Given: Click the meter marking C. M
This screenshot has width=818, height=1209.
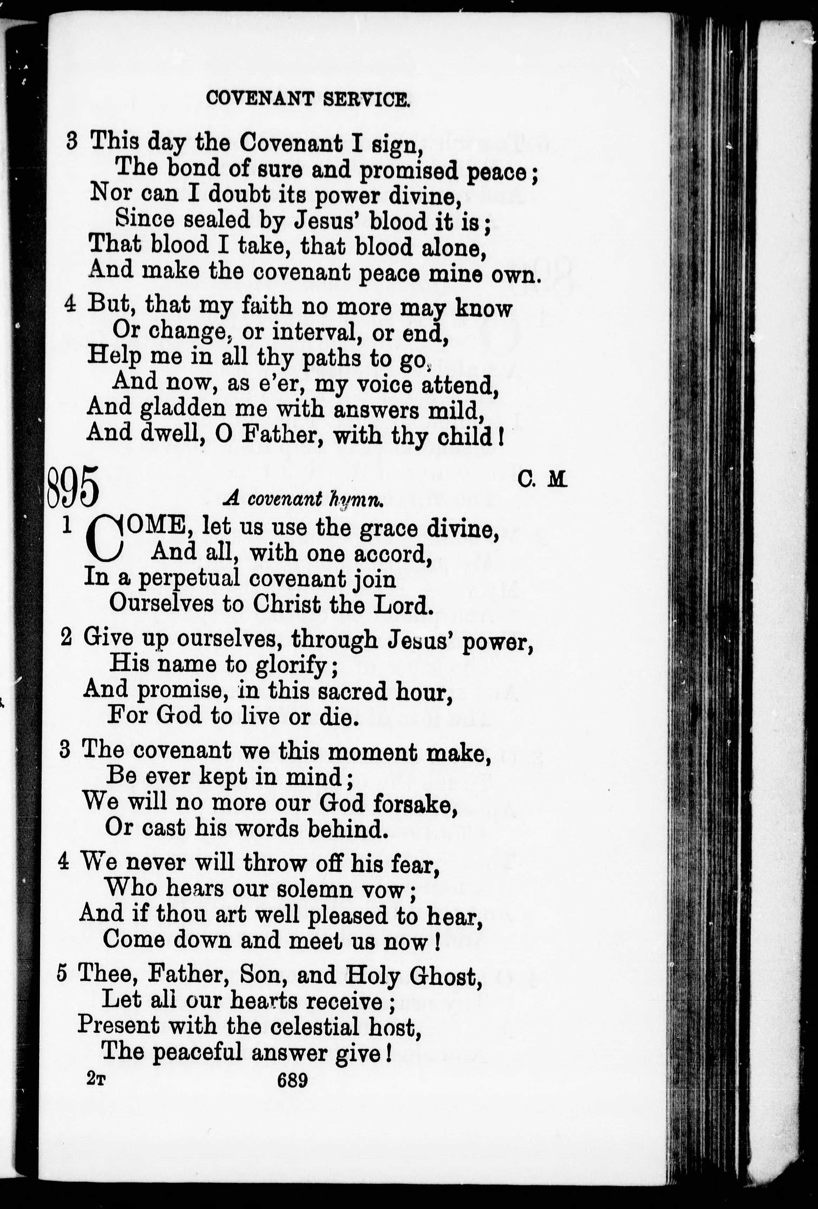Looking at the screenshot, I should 541,479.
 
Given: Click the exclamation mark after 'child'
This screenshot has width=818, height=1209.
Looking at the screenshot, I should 500,435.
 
